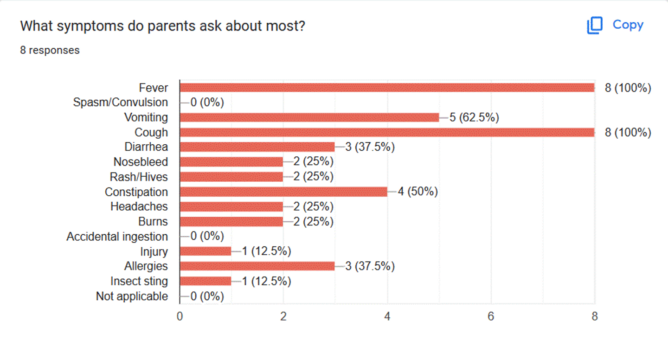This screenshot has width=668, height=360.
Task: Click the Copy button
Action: (x=615, y=25)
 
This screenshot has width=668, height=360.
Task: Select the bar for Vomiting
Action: (x=309, y=117)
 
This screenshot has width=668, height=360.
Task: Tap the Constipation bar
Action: (x=283, y=192)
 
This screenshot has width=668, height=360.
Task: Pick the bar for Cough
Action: (x=387, y=132)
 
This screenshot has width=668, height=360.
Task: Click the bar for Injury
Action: (x=205, y=251)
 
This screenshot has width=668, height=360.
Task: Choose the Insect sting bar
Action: (x=205, y=281)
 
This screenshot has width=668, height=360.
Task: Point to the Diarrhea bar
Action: (x=257, y=147)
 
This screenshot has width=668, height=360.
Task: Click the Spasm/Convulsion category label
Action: (x=121, y=103)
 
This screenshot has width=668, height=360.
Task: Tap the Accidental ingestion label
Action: (x=117, y=237)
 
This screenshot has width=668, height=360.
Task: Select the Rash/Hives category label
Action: (x=139, y=177)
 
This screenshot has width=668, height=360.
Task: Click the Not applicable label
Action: (x=132, y=296)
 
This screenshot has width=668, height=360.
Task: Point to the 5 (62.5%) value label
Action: (x=474, y=117)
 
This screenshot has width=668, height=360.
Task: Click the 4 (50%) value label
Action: (x=417, y=192)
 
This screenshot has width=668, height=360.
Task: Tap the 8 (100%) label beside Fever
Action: (x=628, y=88)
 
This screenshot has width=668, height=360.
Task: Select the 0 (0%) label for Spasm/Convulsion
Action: (x=207, y=103)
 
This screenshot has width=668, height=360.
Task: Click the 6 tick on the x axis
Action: (x=491, y=317)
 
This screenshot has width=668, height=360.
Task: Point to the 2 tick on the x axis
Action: (x=283, y=317)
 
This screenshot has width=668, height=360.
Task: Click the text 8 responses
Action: (x=50, y=50)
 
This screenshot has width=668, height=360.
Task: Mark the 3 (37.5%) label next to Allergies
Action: (x=370, y=266)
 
